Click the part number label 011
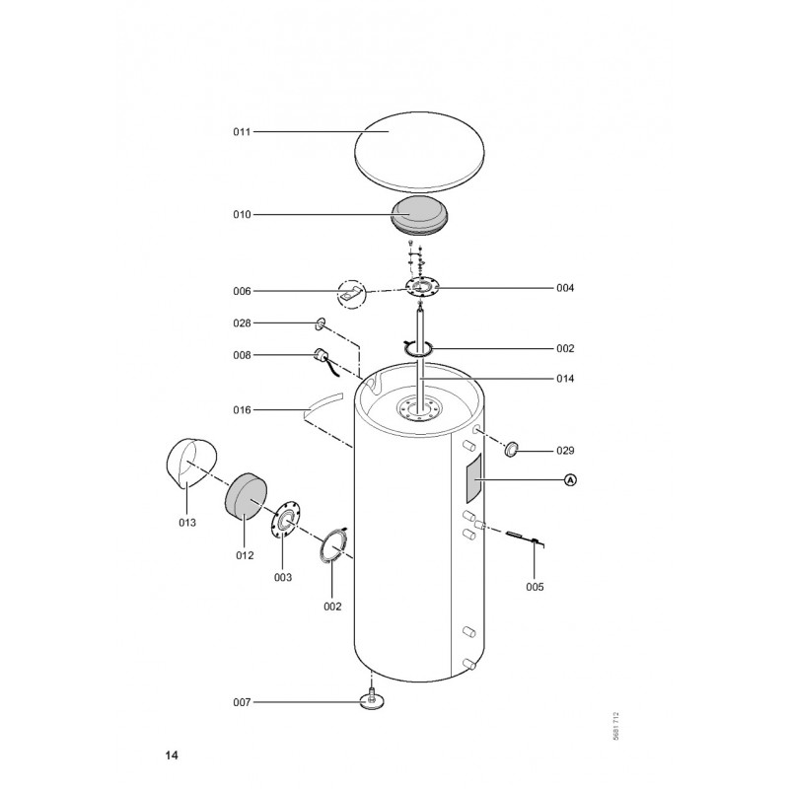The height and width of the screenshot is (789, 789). click(242, 132)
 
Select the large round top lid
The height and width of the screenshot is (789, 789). click(420, 152)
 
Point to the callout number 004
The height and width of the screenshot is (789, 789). click(565, 288)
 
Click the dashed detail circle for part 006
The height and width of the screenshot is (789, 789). click(351, 294)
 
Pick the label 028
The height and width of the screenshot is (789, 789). click(242, 323)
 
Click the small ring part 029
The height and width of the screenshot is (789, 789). click(512, 449)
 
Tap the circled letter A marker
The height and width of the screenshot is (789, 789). click(570, 480)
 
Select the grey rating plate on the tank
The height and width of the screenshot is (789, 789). click(473, 478)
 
